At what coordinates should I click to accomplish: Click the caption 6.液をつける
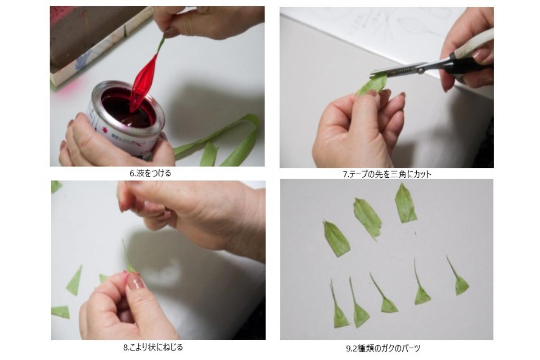(x=150, y=173)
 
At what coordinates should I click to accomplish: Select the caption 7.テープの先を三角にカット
(x=387, y=174)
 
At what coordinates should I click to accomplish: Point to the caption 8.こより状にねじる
(x=153, y=347)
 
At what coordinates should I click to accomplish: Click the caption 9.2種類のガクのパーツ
(x=383, y=348)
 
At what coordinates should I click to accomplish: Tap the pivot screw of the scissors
(x=421, y=70)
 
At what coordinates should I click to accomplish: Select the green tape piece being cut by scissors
(x=371, y=85)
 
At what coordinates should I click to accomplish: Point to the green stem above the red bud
(x=161, y=45)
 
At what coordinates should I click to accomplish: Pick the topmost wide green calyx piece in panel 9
(x=405, y=203)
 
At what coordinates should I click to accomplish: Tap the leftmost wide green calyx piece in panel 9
(x=336, y=238)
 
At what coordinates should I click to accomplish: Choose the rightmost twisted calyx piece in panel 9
(x=459, y=277)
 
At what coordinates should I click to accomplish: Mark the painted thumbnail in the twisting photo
(x=135, y=281)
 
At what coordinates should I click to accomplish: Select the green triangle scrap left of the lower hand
(x=75, y=281)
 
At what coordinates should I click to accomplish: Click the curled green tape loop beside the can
(x=217, y=142)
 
